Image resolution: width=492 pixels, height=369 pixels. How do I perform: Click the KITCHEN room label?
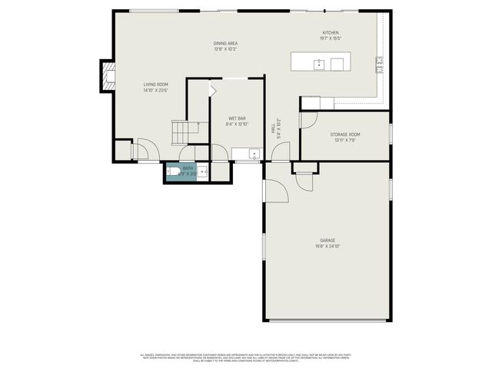[330, 32]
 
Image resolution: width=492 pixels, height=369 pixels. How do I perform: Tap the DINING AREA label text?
[225, 43]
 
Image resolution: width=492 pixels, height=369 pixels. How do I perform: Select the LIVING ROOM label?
[155, 85]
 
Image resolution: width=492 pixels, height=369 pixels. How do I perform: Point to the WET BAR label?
[236, 118]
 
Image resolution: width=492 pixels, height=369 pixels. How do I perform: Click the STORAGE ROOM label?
[345, 135]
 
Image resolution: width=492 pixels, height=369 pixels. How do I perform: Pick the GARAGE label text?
[327, 241]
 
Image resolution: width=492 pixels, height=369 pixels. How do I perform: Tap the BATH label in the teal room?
[188, 168]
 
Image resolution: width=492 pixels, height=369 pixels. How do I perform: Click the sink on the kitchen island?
[319, 64]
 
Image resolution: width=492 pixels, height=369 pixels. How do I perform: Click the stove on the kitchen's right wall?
[380, 65]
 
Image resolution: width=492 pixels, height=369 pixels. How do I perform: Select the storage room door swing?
[308, 120]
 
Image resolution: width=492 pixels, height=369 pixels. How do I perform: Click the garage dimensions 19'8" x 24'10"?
[327, 247]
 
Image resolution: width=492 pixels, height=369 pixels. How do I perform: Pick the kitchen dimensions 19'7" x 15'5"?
[330, 38]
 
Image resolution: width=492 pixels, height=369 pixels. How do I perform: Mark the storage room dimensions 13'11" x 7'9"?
[345, 141]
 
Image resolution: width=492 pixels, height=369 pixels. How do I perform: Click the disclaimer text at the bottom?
[246, 357]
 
